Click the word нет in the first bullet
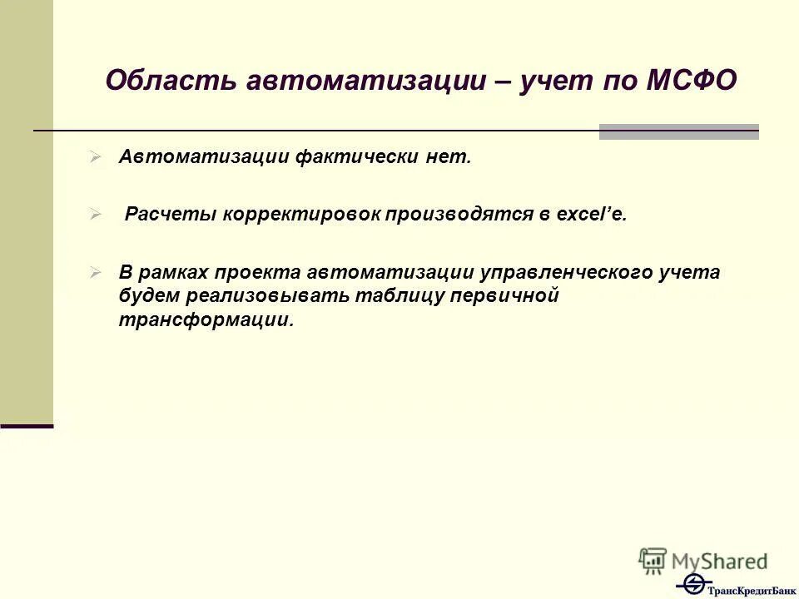click(450, 157)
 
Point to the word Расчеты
click(170, 215)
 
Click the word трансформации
click(206, 320)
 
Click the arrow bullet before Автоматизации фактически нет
click(96, 156)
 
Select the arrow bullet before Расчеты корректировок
click(96, 215)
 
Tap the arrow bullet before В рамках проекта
click(96, 272)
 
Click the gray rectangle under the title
click(678, 131)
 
